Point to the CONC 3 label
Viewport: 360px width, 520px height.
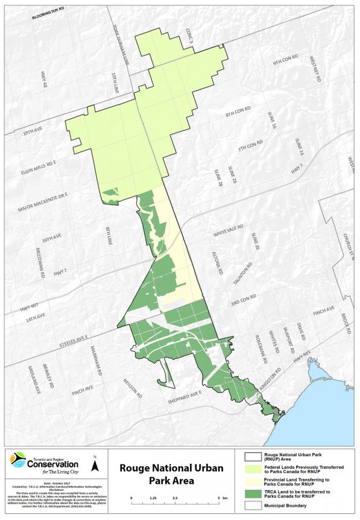click(x=189, y=35)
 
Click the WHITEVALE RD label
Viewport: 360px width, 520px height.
click(x=227, y=233)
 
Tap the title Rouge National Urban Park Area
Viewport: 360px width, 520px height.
click(x=171, y=475)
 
